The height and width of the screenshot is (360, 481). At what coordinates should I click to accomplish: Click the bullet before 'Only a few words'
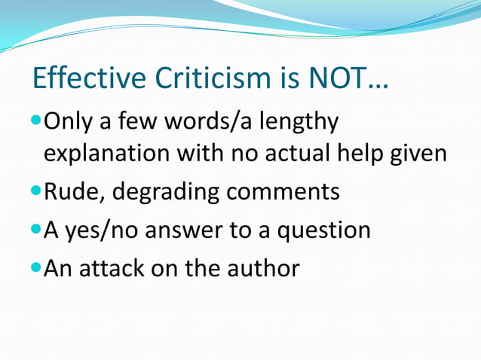coord(37,120)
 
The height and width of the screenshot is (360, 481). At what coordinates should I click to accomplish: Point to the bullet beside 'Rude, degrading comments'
coord(37,192)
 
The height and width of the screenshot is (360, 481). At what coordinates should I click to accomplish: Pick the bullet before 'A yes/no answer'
coord(37,230)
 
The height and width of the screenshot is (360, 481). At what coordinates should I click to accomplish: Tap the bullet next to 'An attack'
coord(37,267)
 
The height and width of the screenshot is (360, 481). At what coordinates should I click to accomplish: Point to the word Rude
coord(75,192)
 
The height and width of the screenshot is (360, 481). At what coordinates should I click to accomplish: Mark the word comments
coord(287,192)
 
